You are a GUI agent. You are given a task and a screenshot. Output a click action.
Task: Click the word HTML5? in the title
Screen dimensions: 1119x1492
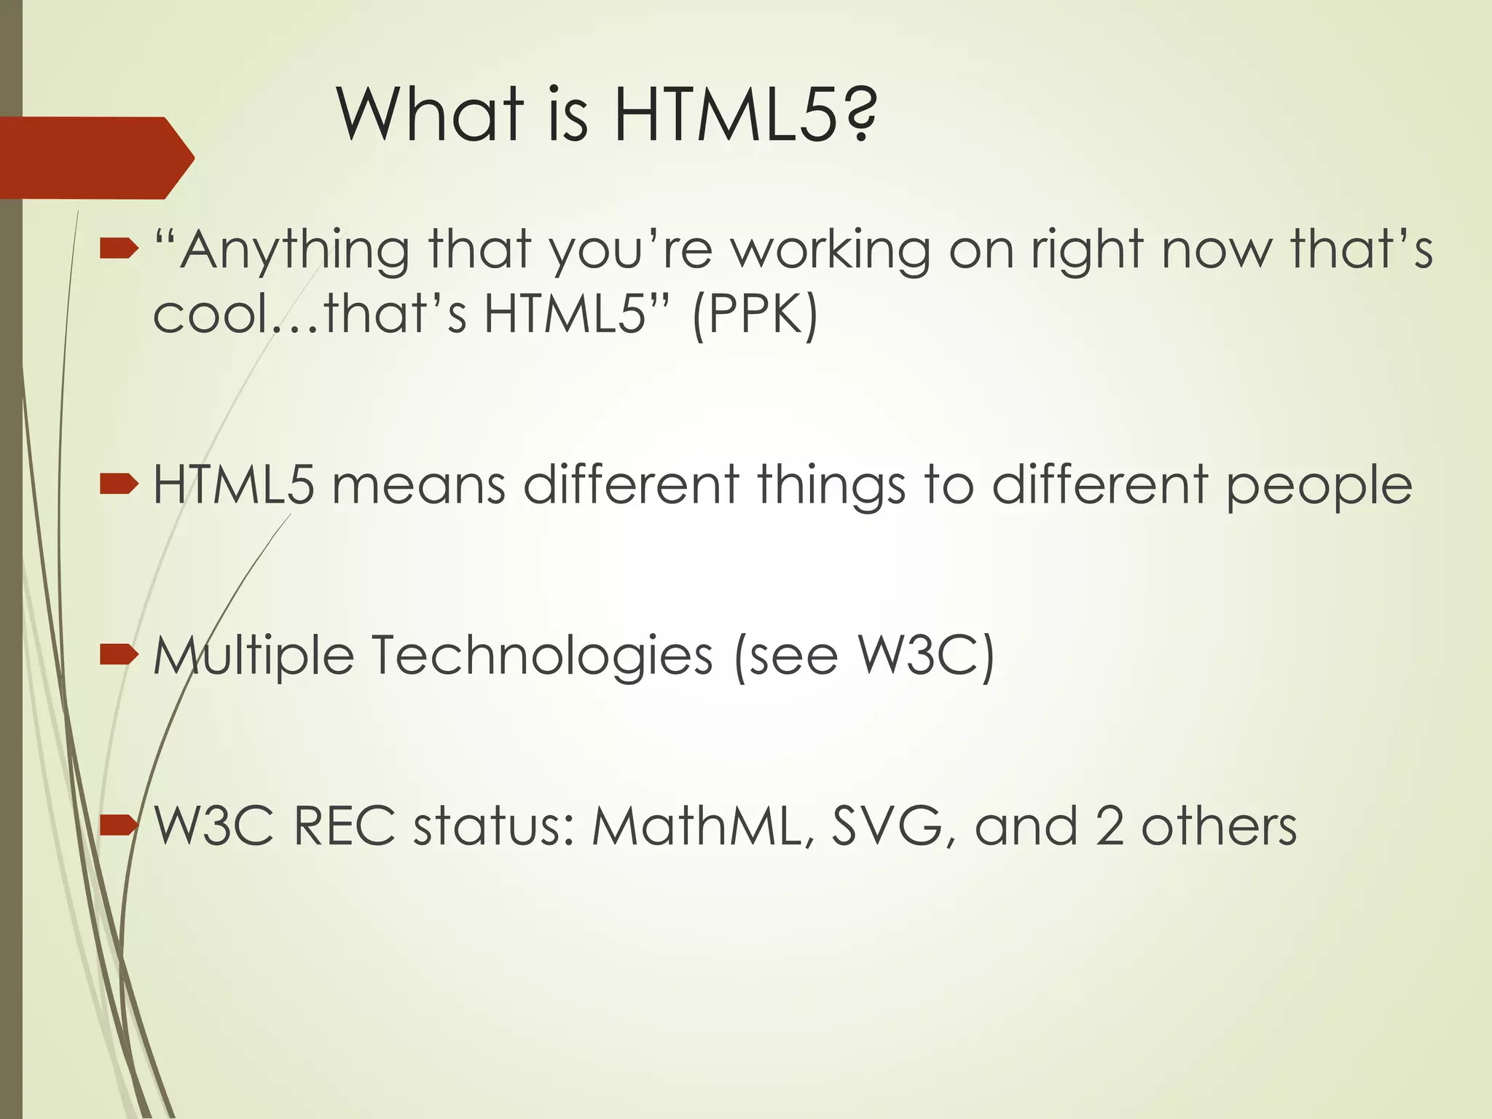[745, 114]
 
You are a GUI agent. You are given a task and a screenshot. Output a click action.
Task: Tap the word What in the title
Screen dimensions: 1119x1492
[431, 114]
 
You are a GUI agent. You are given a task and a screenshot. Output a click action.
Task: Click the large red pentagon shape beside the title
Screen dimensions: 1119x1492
[95, 157]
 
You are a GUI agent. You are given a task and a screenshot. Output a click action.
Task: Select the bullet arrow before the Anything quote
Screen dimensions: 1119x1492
[119, 250]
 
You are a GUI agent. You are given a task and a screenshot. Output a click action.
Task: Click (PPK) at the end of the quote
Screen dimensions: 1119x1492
[755, 315]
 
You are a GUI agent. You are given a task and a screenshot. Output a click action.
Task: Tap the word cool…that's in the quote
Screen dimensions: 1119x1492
[310, 315]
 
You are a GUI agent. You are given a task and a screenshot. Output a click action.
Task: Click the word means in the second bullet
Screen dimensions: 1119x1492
[418, 485]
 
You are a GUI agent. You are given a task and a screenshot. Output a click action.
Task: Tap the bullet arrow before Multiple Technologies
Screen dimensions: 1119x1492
[119, 654]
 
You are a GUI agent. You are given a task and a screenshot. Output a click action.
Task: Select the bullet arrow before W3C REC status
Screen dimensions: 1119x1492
[119, 825]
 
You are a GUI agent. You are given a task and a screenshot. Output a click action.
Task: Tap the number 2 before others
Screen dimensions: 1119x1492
[1109, 826]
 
